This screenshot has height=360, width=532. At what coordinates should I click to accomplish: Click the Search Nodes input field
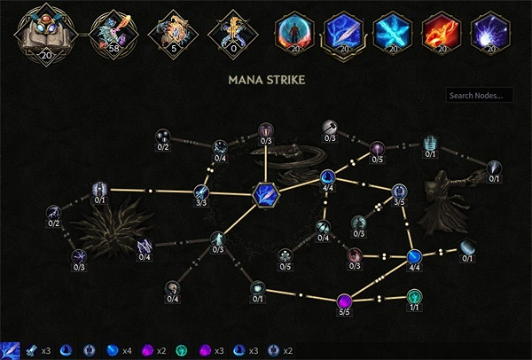(x=479, y=95)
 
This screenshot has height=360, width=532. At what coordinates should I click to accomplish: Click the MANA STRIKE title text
(x=266, y=80)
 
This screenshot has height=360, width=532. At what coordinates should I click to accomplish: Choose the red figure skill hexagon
(x=293, y=32)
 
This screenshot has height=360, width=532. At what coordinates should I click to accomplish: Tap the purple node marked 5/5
(x=345, y=299)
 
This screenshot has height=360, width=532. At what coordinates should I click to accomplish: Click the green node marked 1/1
(x=413, y=295)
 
